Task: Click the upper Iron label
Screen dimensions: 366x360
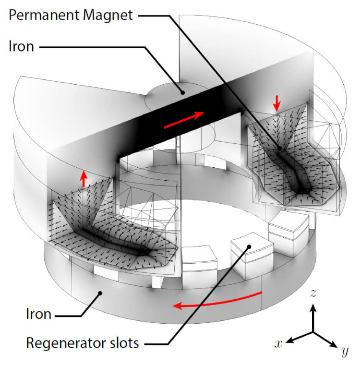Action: tap(21, 47)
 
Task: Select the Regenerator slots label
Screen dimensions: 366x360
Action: tap(82, 343)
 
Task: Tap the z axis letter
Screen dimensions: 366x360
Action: tap(312, 293)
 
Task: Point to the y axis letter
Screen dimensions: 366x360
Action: tap(344, 351)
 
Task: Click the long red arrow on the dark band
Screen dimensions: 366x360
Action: tap(184, 120)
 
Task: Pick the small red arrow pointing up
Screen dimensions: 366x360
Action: tap(84, 179)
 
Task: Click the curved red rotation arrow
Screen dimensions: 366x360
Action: tap(218, 300)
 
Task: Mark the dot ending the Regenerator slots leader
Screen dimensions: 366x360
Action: tap(249, 246)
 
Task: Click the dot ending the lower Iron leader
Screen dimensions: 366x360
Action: tap(100, 293)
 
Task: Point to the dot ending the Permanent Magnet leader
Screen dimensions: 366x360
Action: tap(280, 148)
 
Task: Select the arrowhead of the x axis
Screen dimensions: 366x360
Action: tap(290, 340)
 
